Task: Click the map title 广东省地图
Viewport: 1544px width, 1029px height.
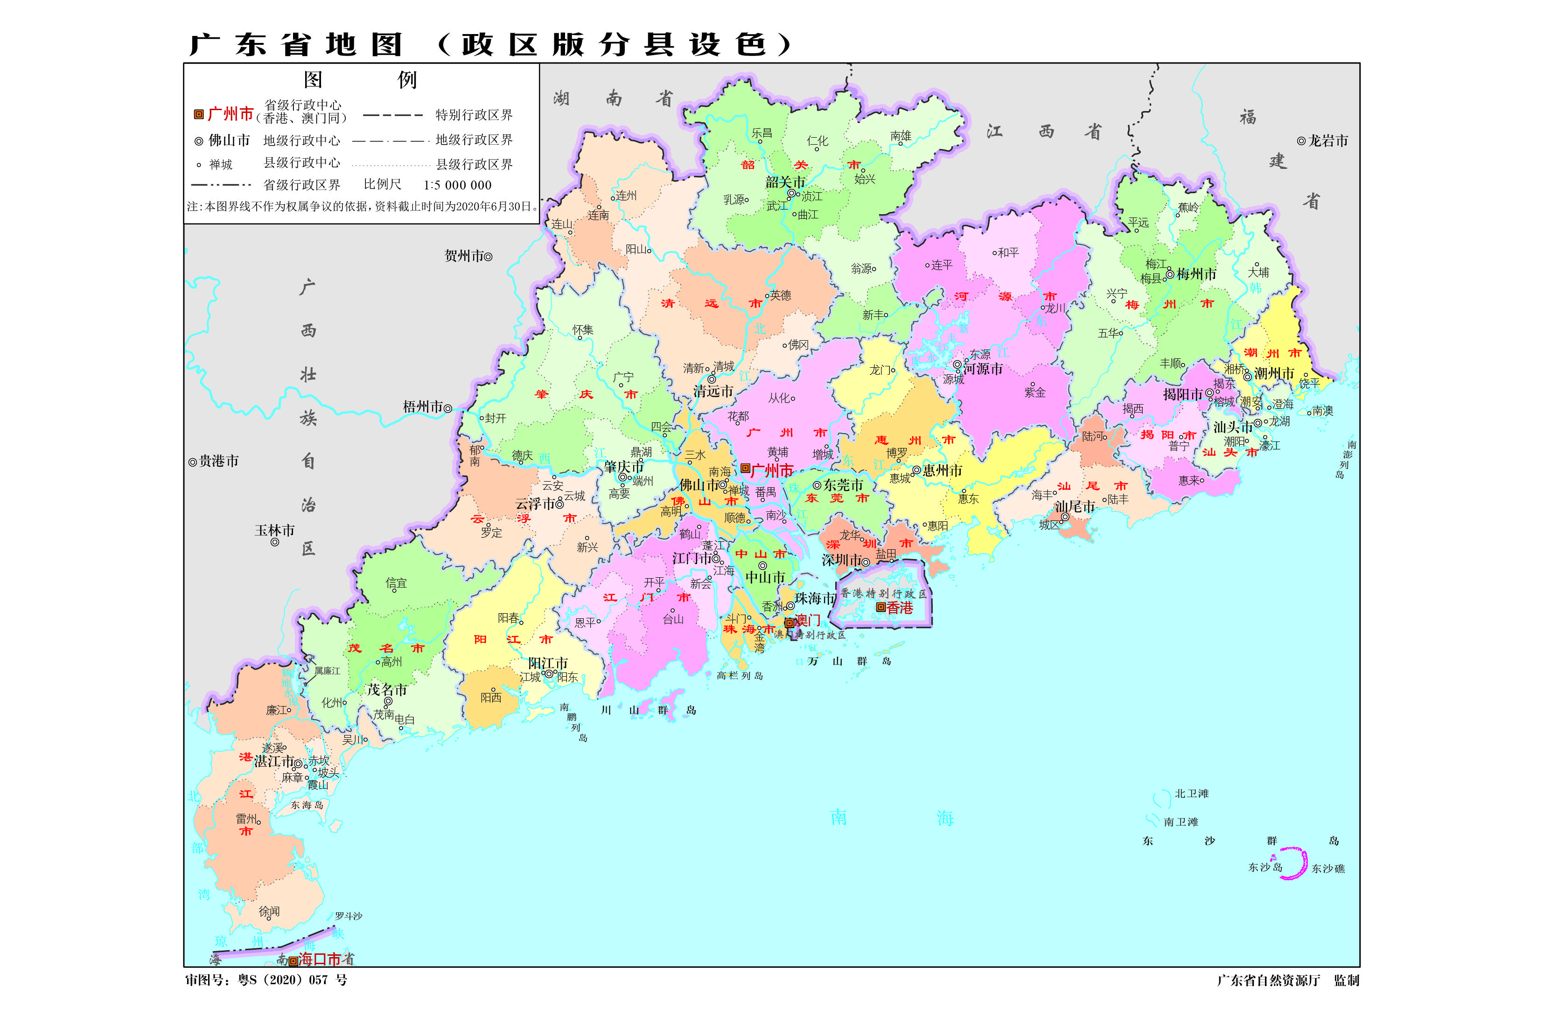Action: pyautogui.click(x=295, y=45)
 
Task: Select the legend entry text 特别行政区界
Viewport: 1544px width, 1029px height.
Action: pyautogui.click(x=473, y=115)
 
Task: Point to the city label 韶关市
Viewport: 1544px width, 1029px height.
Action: pyautogui.click(x=784, y=182)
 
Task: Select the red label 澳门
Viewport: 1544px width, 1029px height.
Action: pyautogui.click(x=808, y=620)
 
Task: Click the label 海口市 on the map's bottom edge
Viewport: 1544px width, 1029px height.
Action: pyautogui.click(x=320, y=959)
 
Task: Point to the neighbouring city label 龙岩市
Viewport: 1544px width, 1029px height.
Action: pyautogui.click(x=1327, y=140)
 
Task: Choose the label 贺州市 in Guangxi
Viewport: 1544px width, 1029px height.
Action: pyautogui.click(x=463, y=256)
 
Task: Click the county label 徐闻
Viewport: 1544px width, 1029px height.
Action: pyautogui.click(x=269, y=911)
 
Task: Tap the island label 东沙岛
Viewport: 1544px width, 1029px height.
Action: pyautogui.click(x=1264, y=867)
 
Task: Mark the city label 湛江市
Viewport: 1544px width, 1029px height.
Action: pyautogui.click(x=273, y=761)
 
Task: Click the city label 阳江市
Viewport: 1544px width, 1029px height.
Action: pyautogui.click(x=547, y=663)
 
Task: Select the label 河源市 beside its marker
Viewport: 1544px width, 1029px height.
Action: pyautogui.click(x=982, y=369)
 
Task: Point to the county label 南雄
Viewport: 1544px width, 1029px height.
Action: pyautogui.click(x=900, y=136)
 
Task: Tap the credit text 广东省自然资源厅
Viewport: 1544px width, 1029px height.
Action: pyautogui.click(x=1268, y=980)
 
